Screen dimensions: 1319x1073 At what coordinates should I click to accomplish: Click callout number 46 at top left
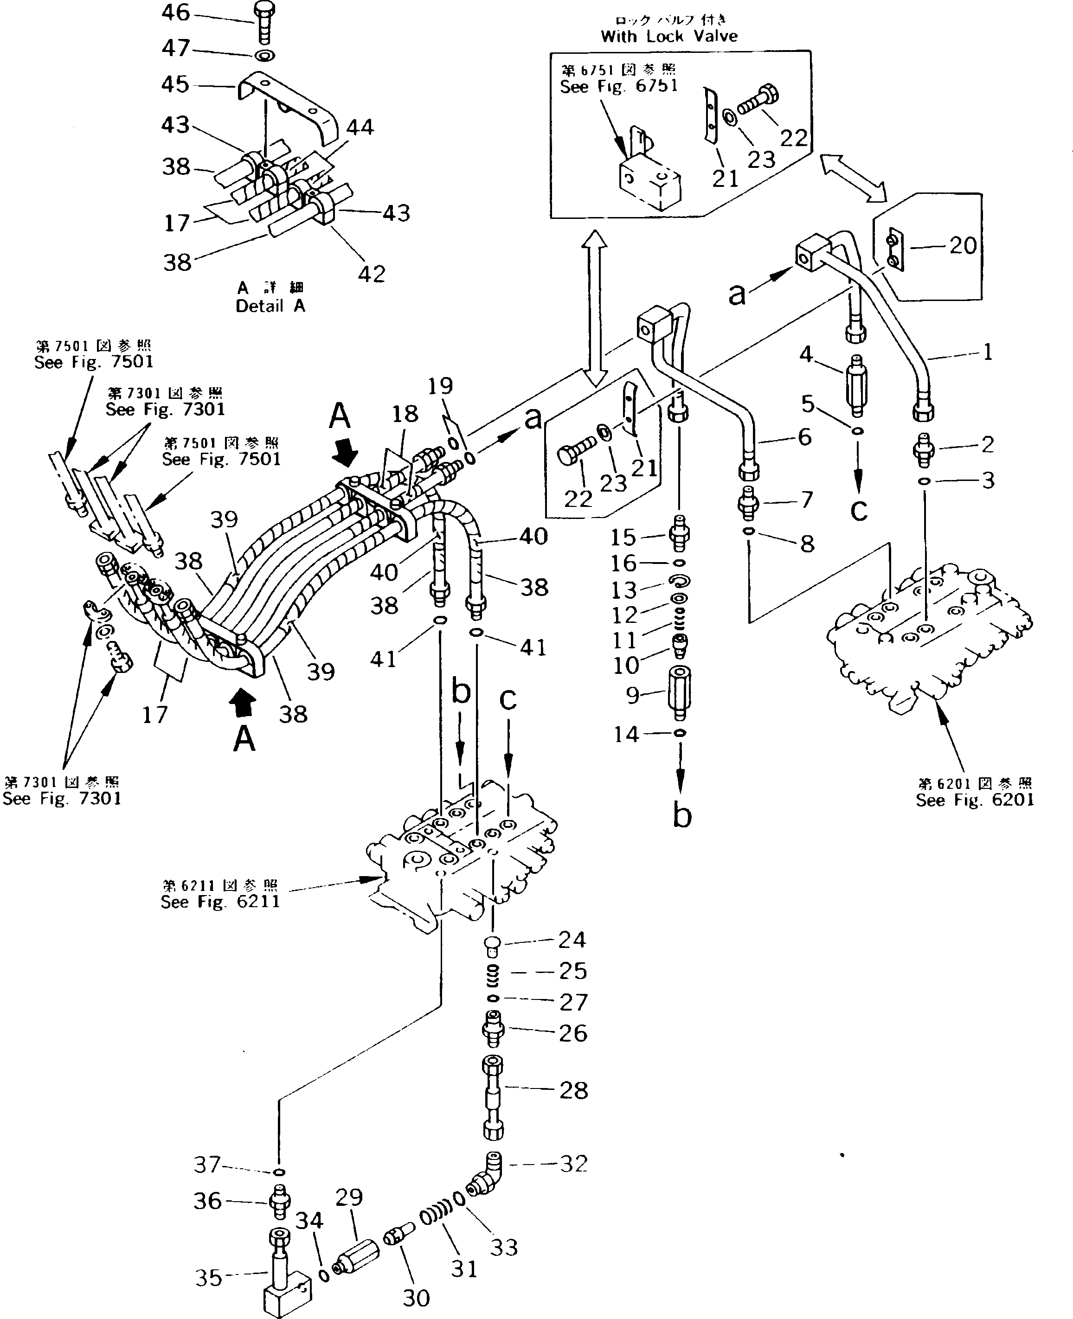(175, 13)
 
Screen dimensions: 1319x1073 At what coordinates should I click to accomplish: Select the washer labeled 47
(264, 56)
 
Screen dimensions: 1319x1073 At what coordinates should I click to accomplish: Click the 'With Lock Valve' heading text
(669, 36)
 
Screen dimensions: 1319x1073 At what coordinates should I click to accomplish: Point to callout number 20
(963, 245)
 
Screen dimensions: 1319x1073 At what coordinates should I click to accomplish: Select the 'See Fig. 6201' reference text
(975, 800)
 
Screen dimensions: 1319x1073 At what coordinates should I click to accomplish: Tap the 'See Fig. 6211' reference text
(220, 902)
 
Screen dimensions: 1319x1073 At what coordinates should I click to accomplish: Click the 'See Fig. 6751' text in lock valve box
(619, 86)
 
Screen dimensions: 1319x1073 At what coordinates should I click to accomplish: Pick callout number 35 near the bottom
(208, 1278)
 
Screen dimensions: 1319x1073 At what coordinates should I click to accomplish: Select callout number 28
(573, 1090)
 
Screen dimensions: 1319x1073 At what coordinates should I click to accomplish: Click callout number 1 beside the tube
(988, 352)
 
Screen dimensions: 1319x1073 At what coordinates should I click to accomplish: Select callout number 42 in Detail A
(372, 274)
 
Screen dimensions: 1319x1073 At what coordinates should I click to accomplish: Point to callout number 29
(348, 1197)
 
